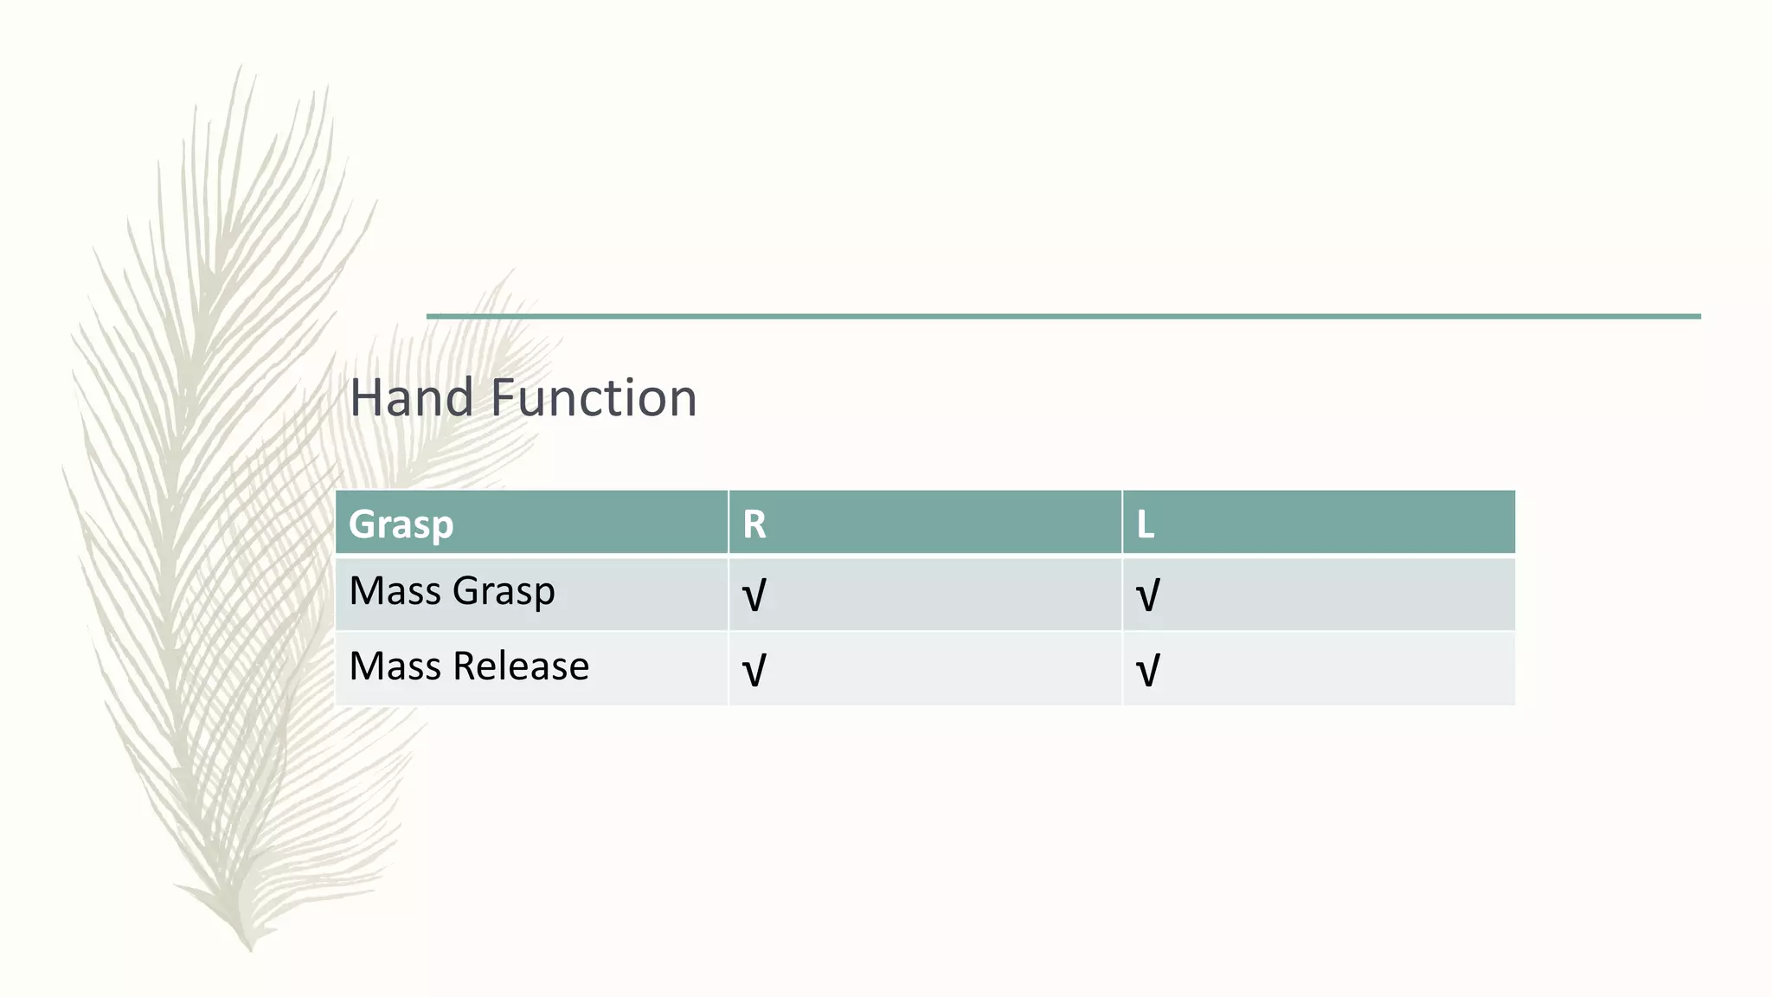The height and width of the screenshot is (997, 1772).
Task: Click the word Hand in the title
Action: click(411, 398)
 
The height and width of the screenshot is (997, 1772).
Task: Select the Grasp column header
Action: click(401, 524)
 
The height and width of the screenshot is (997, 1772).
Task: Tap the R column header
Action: click(754, 524)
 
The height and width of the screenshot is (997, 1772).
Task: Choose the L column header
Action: click(1145, 524)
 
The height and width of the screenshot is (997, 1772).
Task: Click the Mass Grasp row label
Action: click(452, 592)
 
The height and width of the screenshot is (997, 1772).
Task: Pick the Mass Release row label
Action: click(469, 666)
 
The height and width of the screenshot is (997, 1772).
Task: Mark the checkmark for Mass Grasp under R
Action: click(754, 595)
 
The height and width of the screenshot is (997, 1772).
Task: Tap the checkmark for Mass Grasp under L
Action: click(1147, 595)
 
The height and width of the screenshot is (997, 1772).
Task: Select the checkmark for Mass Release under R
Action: click(754, 671)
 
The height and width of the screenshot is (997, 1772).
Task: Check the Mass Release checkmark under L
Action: click(1147, 671)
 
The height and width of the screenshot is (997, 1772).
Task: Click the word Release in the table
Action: click(520, 666)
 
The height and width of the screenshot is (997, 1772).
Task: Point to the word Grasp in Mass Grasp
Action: click(503, 592)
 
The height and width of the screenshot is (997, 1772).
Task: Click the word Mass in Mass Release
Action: click(395, 666)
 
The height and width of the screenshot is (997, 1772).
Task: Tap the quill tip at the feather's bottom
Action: click(249, 947)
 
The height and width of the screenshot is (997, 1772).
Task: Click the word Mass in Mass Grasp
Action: click(395, 592)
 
